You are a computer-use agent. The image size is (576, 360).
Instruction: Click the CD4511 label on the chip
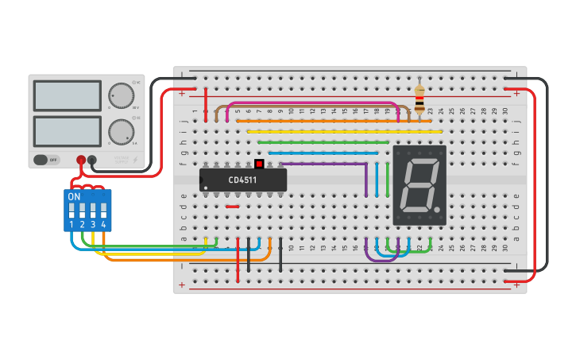[x=242, y=180]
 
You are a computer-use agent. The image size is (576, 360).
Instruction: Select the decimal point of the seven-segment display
[x=436, y=210]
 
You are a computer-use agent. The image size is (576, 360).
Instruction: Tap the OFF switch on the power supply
[x=47, y=160]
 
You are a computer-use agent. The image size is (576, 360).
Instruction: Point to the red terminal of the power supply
[x=81, y=161]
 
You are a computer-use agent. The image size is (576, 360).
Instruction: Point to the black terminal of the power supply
[x=92, y=161]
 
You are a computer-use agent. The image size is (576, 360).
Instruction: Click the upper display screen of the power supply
[x=67, y=95]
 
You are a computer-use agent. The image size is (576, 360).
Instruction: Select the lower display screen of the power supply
[x=67, y=131]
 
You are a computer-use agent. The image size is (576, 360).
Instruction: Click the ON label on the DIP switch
[x=74, y=196]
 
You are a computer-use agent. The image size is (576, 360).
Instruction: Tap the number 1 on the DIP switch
[x=72, y=226]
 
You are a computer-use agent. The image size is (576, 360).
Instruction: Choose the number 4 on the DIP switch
[x=103, y=226]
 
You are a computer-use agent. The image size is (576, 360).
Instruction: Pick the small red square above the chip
[x=259, y=163]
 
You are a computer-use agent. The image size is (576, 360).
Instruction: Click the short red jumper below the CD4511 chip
[x=232, y=207]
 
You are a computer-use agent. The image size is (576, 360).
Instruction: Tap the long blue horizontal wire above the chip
[x=323, y=153]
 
